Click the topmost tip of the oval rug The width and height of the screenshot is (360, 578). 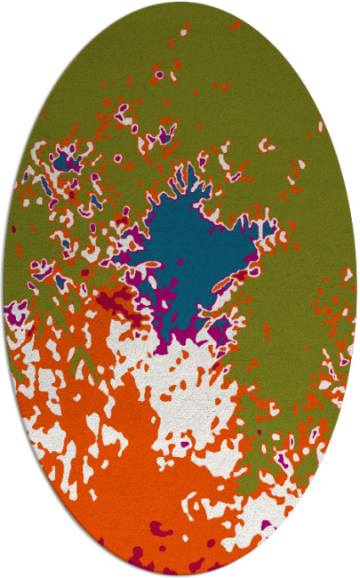[180, 3]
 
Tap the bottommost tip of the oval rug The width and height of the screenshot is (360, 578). [180, 575]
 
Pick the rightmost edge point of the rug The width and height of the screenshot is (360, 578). [356, 289]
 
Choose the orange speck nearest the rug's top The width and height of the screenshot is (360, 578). [235, 25]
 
